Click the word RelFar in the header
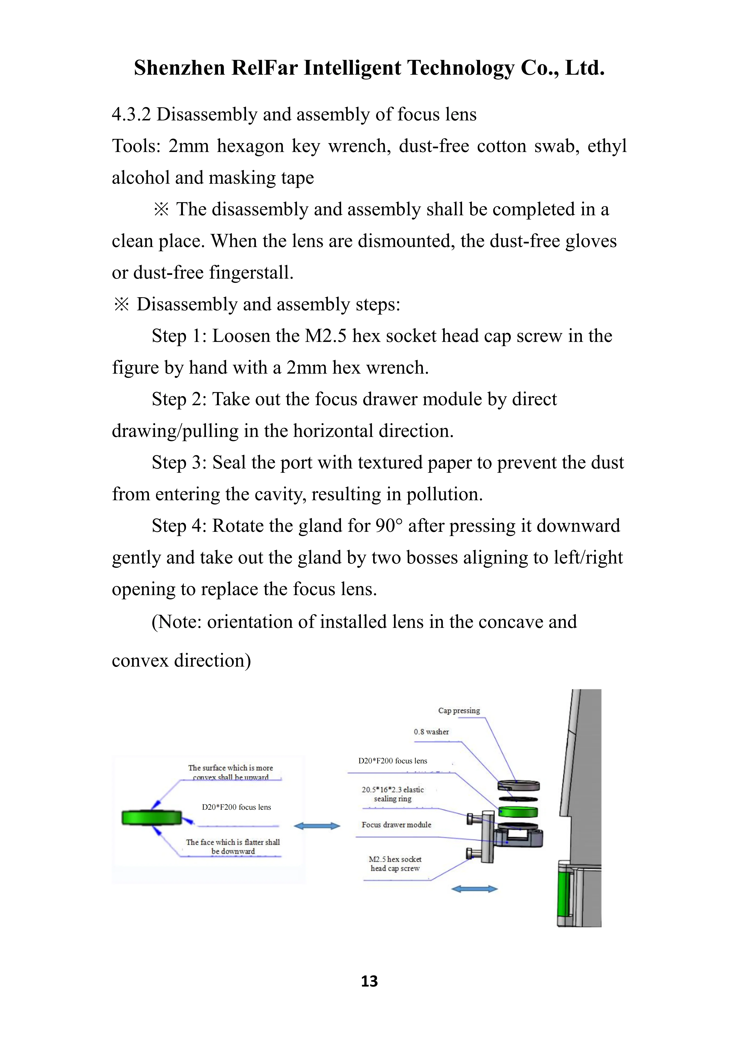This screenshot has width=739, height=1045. point(264,68)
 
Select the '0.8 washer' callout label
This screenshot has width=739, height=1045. point(431,732)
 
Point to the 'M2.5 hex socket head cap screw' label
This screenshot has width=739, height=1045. point(395,863)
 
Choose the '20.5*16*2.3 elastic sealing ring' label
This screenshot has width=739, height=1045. point(393,794)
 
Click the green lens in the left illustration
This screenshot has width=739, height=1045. point(152,818)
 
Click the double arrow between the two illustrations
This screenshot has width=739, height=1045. point(317,826)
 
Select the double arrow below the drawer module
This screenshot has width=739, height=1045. point(474,889)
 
